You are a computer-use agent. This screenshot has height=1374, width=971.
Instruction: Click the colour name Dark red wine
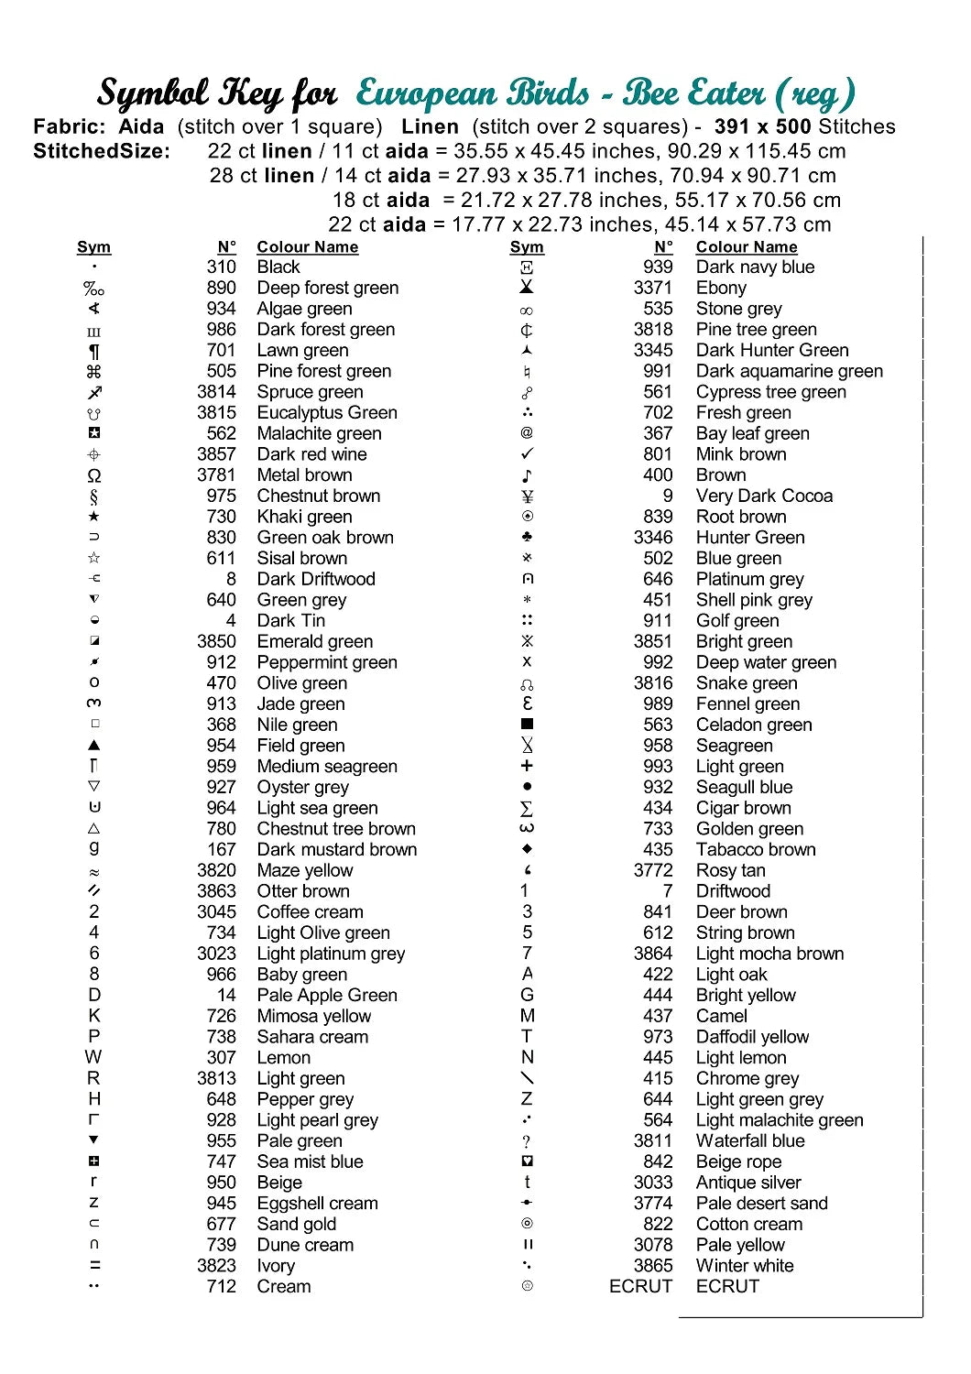point(311,454)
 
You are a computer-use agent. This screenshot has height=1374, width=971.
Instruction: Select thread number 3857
point(216,454)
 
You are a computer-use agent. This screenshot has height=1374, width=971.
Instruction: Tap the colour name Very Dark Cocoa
point(764,496)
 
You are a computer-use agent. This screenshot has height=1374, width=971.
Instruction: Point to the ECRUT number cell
point(640,1286)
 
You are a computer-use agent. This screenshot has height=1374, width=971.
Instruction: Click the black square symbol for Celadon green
point(527,725)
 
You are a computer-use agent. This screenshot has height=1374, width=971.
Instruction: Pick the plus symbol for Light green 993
point(527,766)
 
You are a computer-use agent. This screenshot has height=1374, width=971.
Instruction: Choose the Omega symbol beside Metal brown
point(94,475)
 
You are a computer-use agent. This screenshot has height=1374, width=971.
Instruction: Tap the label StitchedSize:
point(102,151)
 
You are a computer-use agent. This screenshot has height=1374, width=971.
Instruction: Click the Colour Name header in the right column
point(746,247)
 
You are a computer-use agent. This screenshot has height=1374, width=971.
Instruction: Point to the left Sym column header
point(93,247)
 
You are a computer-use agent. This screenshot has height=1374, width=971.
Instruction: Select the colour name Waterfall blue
point(749,1140)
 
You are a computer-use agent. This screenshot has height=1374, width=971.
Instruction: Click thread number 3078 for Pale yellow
point(652,1245)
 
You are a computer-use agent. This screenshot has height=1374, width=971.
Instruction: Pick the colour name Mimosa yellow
point(313,1016)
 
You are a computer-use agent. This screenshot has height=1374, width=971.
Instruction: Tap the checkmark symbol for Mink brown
point(527,454)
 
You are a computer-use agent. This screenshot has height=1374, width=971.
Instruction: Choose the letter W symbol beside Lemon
point(93,1057)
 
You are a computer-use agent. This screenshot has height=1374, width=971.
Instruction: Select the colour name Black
point(278,267)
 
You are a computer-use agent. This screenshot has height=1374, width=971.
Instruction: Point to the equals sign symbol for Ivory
point(94,1266)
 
